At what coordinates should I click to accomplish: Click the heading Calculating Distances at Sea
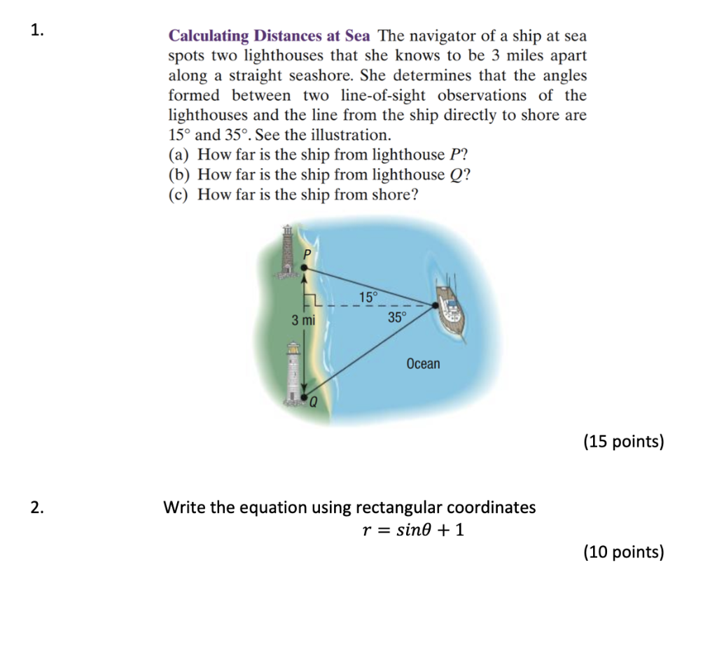click(269, 36)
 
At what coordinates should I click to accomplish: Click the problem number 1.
click(38, 30)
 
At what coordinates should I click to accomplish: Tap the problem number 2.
click(38, 508)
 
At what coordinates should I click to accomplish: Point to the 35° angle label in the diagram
click(396, 317)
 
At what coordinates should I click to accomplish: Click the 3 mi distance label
click(303, 321)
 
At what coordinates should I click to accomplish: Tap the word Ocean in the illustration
click(423, 363)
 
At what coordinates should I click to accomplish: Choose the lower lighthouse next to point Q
click(294, 371)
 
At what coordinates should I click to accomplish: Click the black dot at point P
click(303, 267)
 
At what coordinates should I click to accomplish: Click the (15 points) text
click(623, 442)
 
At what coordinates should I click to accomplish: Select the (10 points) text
click(623, 552)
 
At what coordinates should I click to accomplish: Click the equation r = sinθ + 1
click(412, 530)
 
